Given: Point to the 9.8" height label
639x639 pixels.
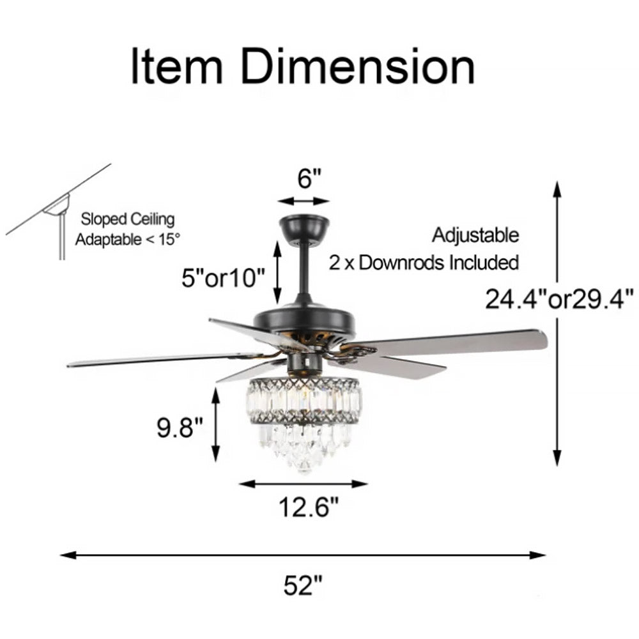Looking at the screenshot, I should [x=180, y=427].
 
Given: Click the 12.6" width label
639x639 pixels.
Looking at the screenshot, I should [x=307, y=508].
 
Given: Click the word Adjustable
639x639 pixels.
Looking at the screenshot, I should [x=475, y=235].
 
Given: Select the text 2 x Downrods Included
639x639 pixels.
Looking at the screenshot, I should [x=423, y=263].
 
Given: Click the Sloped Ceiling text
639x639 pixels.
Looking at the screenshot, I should [x=127, y=220].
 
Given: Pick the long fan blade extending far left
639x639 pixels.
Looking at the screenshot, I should [x=160, y=359].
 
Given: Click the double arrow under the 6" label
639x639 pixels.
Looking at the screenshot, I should [x=304, y=201].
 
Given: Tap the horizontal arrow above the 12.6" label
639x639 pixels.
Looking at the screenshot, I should [x=304, y=484].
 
